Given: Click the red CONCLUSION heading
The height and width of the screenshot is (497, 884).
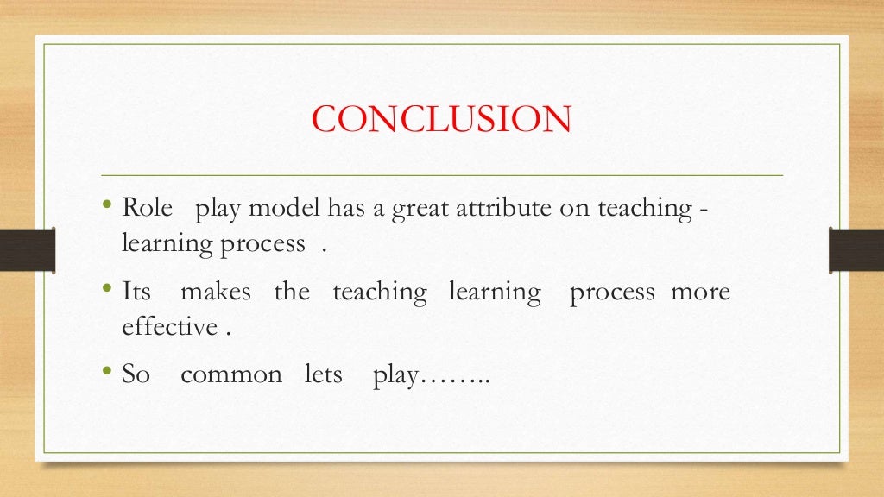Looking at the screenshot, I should (x=441, y=119).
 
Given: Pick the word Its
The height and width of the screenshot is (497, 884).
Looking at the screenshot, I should (x=136, y=292).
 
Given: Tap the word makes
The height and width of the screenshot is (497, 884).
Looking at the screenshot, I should (x=216, y=292).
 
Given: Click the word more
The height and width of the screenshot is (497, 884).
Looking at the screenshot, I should (x=700, y=292).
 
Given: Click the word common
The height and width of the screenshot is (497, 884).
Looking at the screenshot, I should (x=231, y=375).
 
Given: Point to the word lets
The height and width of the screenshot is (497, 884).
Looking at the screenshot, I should (x=324, y=374).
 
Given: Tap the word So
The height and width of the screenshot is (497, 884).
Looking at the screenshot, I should (x=136, y=374).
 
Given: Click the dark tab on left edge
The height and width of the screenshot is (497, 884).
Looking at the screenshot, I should (x=27, y=249).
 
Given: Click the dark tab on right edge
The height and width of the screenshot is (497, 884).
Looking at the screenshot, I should (x=856, y=249).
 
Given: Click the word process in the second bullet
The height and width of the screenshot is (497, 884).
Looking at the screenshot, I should (x=613, y=293).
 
